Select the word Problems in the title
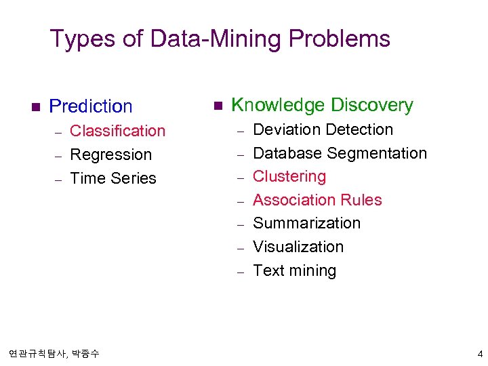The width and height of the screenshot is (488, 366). click(339, 39)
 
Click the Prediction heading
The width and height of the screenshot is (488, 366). click(91, 106)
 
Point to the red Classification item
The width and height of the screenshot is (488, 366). click(117, 131)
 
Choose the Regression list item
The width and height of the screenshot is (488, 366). click(110, 155)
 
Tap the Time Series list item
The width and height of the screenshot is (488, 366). click(113, 178)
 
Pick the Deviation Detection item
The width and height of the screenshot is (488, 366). click(323, 129)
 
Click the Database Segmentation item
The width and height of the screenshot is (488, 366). click(340, 153)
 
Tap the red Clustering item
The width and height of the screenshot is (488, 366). click(289, 176)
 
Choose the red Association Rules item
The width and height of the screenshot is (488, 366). click(317, 200)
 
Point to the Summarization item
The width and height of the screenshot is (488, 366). click(306, 223)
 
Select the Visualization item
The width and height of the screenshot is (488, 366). click(298, 247)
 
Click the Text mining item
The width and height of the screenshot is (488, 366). click(294, 270)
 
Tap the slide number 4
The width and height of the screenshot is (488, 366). click(480, 354)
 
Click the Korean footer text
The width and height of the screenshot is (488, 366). click(54, 354)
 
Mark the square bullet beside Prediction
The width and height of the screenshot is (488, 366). click(36, 106)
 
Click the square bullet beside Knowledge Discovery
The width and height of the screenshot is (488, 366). click(217, 106)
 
